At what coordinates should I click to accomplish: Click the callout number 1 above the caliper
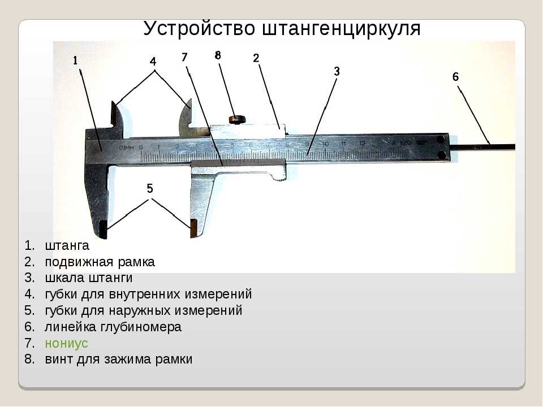coord(75,60)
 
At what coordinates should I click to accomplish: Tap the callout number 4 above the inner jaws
coord(153,62)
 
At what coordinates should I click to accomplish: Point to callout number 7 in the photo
coord(184,57)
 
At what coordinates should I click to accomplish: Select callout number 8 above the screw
coord(217,55)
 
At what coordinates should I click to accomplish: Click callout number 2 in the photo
coord(256,58)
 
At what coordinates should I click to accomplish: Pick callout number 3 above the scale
coord(337,72)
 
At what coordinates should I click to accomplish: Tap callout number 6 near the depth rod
coord(455,76)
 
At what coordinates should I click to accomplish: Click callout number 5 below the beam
coord(149,189)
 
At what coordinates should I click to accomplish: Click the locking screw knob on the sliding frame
coord(237,120)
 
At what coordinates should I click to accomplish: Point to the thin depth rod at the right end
coord(482,147)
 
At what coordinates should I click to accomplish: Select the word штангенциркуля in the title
coord(341,28)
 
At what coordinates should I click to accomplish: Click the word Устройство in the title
coord(199,28)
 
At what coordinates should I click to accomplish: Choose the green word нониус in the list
coord(67,343)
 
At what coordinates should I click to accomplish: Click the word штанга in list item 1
coord(67,246)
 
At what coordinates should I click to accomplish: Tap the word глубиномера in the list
coord(141,327)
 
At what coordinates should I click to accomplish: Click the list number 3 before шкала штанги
coord(29,278)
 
